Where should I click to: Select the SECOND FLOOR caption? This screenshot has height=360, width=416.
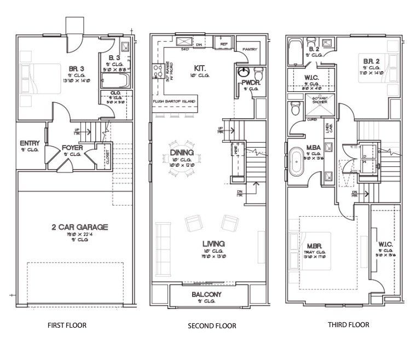(x=212, y=326)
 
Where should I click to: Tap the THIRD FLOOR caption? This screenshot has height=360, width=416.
(x=348, y=324)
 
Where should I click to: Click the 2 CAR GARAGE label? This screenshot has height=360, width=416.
(x=72, y=227)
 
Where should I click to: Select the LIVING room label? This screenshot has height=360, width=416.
(x=213, y=243)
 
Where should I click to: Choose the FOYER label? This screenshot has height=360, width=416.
(x=72, y=147)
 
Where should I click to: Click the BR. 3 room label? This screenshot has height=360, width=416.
(x=76, y=68)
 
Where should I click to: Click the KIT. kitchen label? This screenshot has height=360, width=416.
(x=199, y=68)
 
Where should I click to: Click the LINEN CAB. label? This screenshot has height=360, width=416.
(x=328, y=129)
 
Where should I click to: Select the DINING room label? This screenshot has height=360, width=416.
(x=181, y=153)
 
